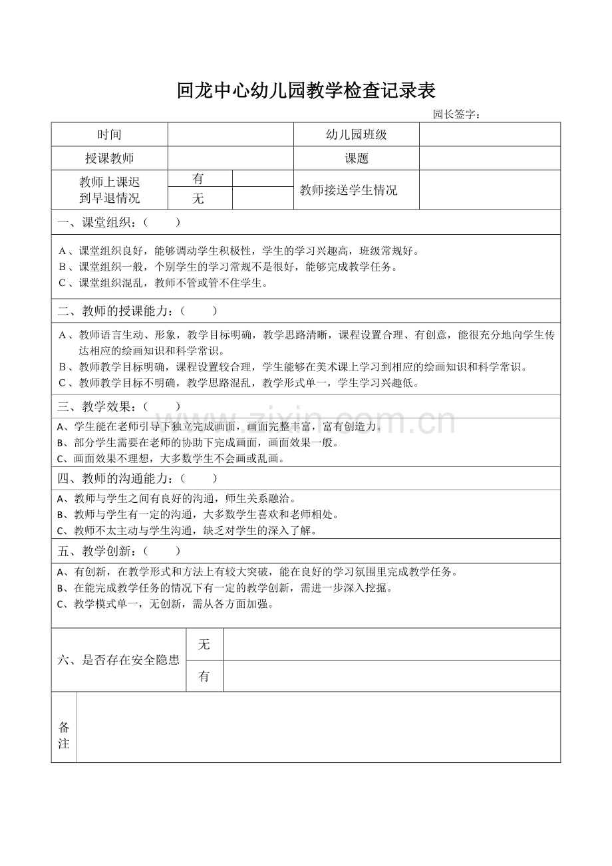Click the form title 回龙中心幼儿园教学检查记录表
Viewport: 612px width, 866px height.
(306, 90)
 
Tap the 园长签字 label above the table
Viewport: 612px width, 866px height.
(456, 114)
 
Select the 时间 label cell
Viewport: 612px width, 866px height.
(110, 134)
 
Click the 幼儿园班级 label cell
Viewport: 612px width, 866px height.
(356, 134)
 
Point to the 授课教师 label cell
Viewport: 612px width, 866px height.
(110, 158)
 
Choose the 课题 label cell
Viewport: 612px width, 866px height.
(356, 158)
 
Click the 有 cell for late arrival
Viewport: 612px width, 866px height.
(198, 179)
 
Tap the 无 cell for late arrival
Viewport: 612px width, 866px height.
(198, 198)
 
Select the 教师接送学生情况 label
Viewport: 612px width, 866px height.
(349, 190)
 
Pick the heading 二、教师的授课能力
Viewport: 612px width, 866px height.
(137, 311)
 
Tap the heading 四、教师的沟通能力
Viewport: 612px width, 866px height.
(137, 478)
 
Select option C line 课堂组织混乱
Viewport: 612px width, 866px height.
(164, 283)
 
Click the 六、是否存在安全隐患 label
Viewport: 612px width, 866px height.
(118, 660)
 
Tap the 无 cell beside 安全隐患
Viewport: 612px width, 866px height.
(204, 644)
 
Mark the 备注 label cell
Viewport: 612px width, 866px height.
(64, 735)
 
